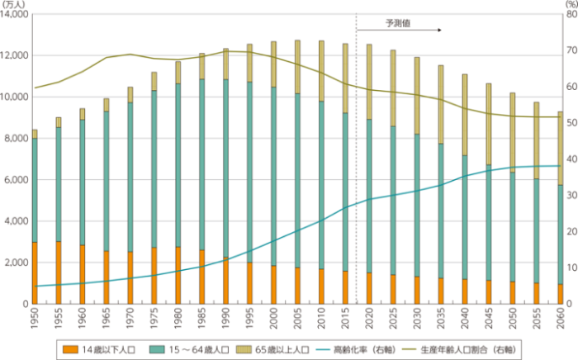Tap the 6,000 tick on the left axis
point(18,180)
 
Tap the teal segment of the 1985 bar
point(201,165)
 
